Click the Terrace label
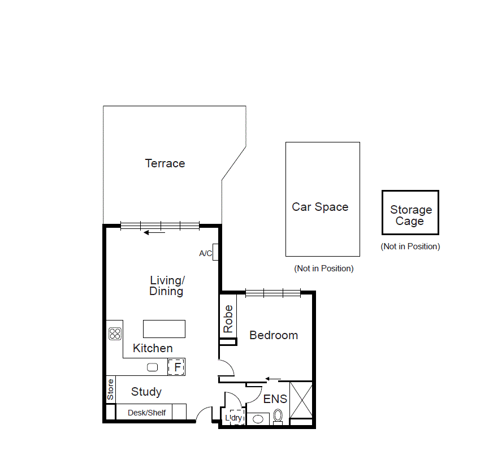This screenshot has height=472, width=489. tap(165, 163)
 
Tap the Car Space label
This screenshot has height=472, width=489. tap(320, 207)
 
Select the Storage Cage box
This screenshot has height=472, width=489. tap(410, 213)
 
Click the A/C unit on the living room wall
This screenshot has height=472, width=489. tap(215, 252)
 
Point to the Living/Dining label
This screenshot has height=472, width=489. tap(167, 285)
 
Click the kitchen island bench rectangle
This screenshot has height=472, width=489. tap(164, 328)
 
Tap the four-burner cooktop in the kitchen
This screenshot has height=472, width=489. tap(115, 334)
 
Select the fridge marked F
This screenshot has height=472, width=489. tap(177, 367)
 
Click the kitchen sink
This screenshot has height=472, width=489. tap(153, 367)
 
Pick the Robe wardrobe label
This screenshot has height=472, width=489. tap(228, 319)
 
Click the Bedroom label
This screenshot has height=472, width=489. tap(274, 335)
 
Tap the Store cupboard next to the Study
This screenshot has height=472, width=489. tap(111, 389)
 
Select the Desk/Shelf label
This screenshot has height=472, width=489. tap(147, 413)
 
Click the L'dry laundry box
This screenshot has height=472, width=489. tap(234, 418)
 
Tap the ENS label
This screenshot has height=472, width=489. tap(275, 399)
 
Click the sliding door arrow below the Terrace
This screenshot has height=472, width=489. tap(154, 232)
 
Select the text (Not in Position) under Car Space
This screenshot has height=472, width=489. tap(324, 269)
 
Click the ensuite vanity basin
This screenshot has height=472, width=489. tap(258, 419)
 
